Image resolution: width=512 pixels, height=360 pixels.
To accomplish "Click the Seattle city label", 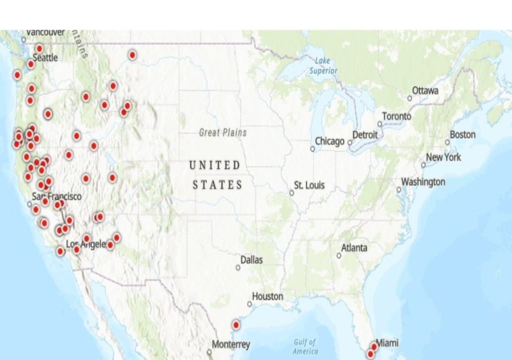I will click(x=45, y=58).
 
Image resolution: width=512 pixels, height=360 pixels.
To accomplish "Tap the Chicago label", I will click(x=329, y=141).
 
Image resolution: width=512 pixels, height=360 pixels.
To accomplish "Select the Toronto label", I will click(x=396, y=116).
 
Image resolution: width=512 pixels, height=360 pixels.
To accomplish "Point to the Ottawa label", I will click(x=425, y=90).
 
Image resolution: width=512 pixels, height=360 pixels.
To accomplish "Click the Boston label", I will click(x=462, y=134).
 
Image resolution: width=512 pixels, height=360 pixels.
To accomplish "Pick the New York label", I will click(x=443, y=157).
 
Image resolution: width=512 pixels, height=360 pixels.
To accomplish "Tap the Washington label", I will click(x=423, y=181).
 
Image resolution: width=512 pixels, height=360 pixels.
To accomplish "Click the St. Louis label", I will click(x=309, y=185).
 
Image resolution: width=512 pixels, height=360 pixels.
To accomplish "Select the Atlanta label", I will click(x=354, y=248).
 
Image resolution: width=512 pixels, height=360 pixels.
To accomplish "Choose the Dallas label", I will click(x=251, y=260).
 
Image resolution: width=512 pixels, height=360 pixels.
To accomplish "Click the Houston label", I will click(x=267, y=296).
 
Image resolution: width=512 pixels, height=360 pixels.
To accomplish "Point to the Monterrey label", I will click(x=230, y=344).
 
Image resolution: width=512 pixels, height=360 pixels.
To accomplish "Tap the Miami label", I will click(x=387, y=343).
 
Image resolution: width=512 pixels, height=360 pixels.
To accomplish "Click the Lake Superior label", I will click(x=323, y=65).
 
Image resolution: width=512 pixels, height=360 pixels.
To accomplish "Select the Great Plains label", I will click(x=222, y=132).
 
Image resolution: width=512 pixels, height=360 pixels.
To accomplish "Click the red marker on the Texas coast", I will click(x=236, y=325).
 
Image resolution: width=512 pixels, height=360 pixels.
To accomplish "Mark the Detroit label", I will click(x=365, y=135).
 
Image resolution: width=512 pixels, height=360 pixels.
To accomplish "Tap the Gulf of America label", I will click(x=305, y=346).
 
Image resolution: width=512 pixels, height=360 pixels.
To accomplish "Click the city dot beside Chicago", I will click(x=312, y=148).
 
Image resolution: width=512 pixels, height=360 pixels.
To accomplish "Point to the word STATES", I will click(x=217, y=184).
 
